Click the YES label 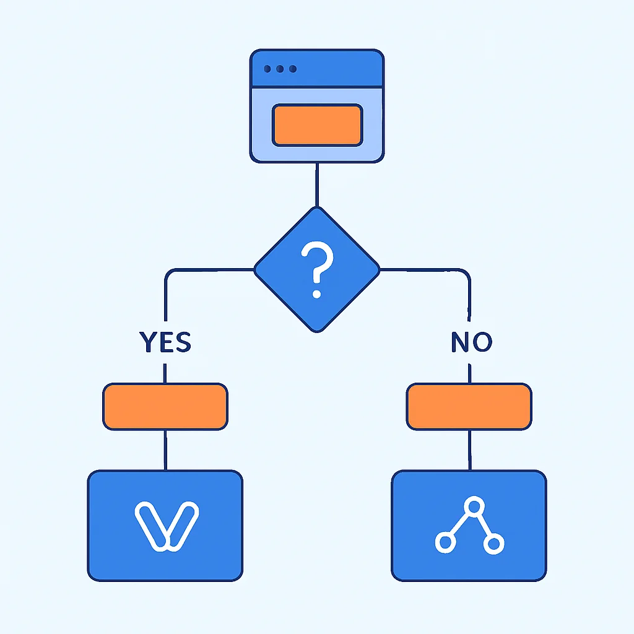pyautogui.click(x=165, y=342)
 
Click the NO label pyautogui.click(x=471, y=342)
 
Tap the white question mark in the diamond pyautogui.click(x=318, y=269)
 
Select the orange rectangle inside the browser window pyautogui.click(x=318, y=125)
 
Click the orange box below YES pyautogui.click(x=165, y=406)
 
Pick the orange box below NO pyautogui.click(x=469, y=406)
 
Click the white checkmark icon pyautogui.click(x=167, y=526)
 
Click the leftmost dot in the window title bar pyautogui.click(x=267, y=69)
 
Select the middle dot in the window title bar pyautogui.click(x=280, y=69)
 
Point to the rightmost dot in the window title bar pyautogui.click(x=293, y=69)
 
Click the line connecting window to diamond pyautogui.click(x=317, y=185)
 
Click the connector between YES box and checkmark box pyautogui.click(x=165, y=450)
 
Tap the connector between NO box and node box pyautogui.click(x=469, y=450)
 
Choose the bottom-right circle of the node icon pyautogui.click(x=493, y=544)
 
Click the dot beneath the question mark pyautogui.click(x=317, y=294)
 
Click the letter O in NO pyautogui.click(x=482, y=342)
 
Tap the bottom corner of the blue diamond pyautogui.click(x=318, y=332)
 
